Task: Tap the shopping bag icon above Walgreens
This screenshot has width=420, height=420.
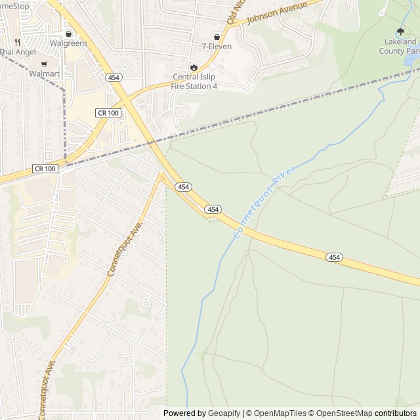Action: pos(68,33)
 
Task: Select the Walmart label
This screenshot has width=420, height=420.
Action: pos(45,74)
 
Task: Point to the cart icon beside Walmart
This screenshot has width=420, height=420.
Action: pos(44,64)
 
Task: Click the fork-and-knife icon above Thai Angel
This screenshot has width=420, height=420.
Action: pos(8,39)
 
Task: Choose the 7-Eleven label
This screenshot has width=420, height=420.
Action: pos(215,47)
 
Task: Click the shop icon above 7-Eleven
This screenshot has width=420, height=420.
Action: pos(217,37)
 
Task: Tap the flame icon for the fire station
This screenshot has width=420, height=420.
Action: pos(194,67)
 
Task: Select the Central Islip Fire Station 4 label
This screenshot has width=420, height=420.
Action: pos(194,81)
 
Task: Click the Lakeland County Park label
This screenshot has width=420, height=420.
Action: pos(402,46)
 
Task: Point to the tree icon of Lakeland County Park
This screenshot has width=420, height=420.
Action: pos(401,31)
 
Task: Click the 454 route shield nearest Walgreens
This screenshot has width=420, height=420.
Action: pos(114,76)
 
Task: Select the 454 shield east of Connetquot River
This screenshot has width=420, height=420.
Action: pos(334,257)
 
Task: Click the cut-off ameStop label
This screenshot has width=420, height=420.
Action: pos(14,5)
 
